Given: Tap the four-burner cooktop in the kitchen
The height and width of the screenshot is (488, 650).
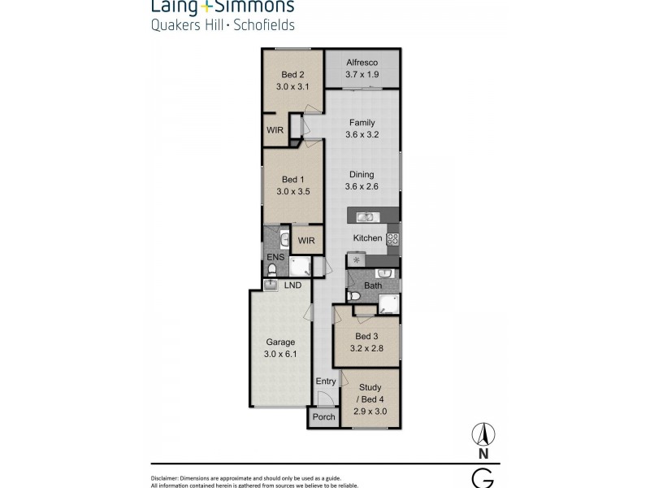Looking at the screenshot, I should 392,238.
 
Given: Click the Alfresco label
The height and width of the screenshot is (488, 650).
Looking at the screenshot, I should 362,62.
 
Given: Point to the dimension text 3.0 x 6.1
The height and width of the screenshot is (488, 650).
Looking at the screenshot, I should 279,354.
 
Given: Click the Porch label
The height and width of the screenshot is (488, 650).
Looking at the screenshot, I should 323,417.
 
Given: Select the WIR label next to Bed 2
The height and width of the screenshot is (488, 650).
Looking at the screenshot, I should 274,129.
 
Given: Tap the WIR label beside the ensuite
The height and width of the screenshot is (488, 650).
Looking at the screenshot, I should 306,241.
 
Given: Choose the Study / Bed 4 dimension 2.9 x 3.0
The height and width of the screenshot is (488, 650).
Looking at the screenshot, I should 370,412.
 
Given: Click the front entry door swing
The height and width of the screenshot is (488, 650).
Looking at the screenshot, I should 323,399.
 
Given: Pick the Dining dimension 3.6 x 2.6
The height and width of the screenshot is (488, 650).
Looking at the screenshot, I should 362,186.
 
